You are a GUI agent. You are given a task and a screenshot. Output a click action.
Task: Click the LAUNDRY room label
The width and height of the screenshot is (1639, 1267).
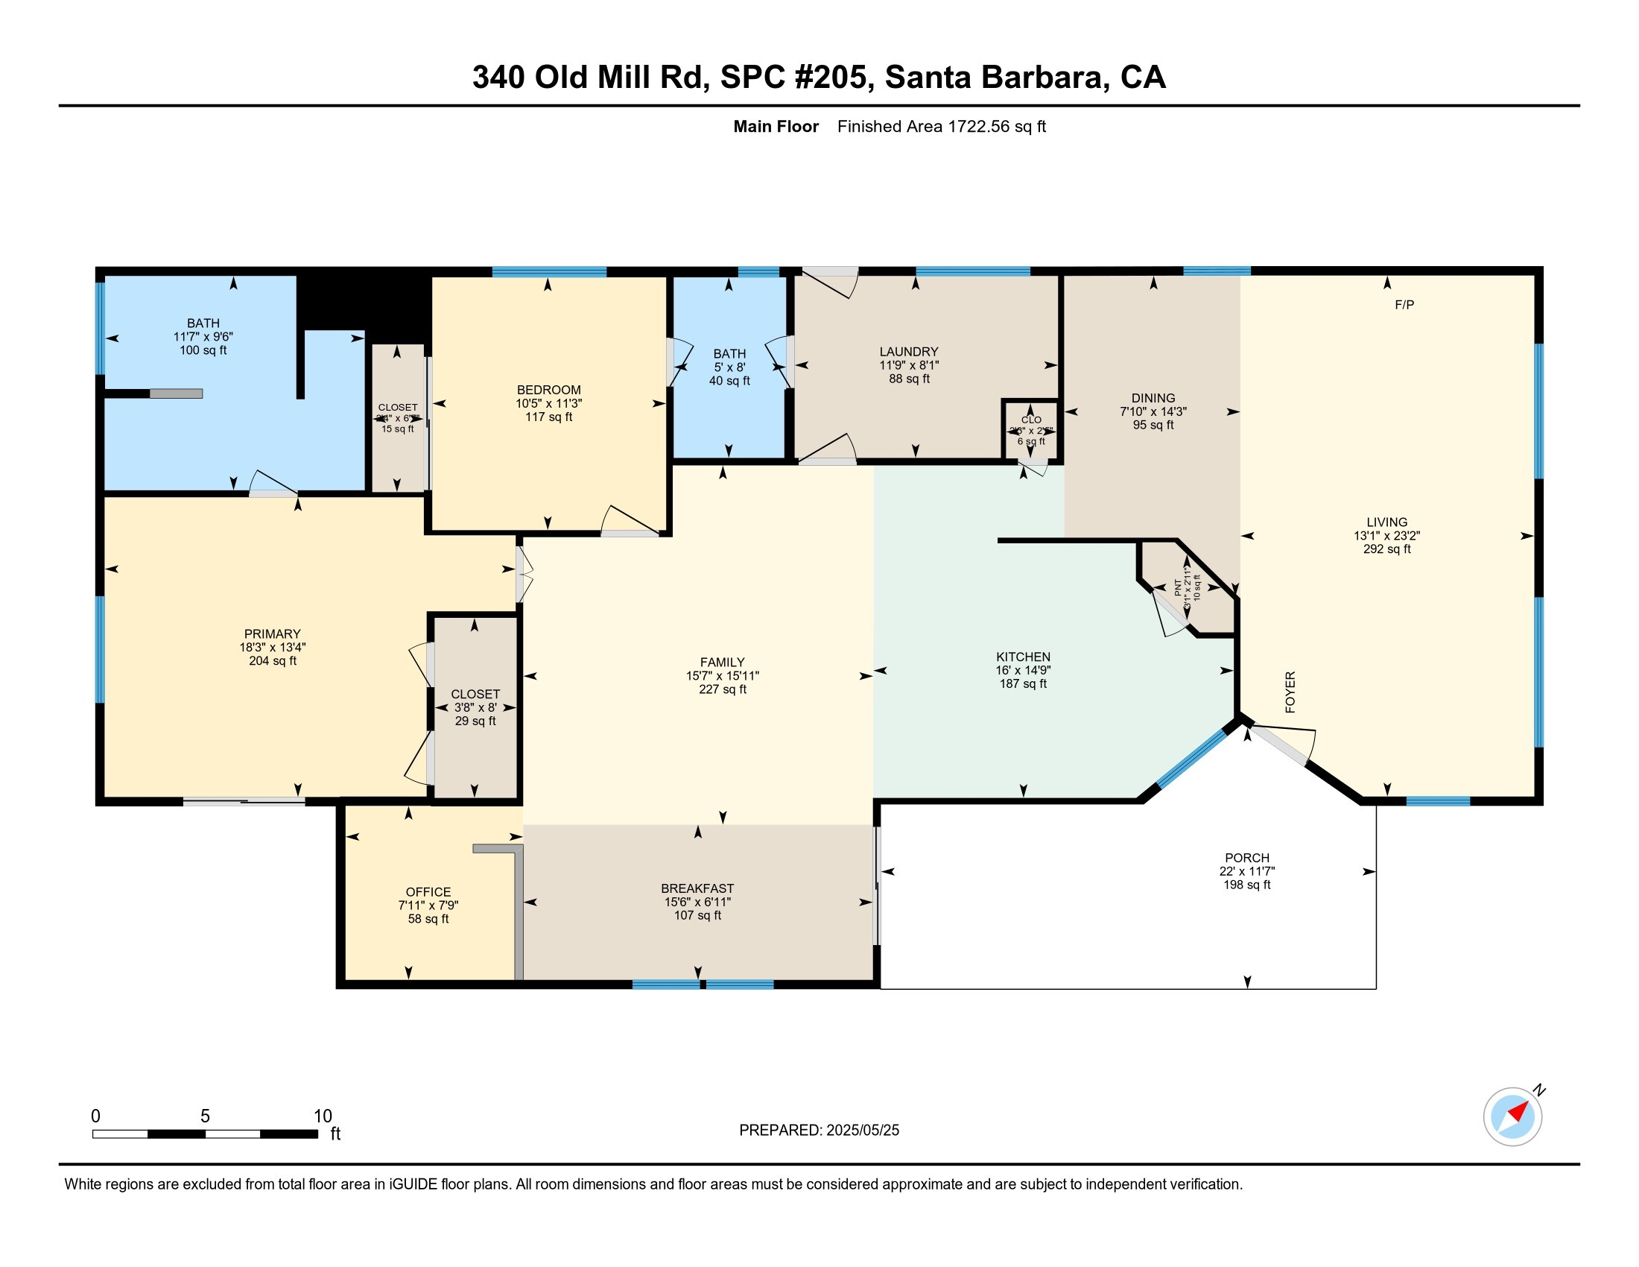point(909,351)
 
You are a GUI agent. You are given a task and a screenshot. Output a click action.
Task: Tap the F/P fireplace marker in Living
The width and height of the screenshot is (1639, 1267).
point(1404,305)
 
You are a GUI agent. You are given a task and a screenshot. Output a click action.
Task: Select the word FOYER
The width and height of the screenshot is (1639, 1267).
point(1290,692)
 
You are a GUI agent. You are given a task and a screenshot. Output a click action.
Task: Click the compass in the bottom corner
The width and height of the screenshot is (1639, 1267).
point(1512,1116)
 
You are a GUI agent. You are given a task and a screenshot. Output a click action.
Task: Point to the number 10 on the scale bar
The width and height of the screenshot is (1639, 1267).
point(323,1116)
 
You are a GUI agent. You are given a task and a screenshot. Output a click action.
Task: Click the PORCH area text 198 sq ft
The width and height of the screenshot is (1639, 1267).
point(1246,885)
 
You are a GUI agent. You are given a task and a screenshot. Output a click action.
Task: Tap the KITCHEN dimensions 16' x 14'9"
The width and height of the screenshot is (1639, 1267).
point(1023,670)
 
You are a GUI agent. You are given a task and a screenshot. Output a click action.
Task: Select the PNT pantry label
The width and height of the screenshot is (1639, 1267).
point(1177,588)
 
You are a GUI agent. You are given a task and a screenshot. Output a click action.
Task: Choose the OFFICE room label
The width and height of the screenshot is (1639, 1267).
point(428,891)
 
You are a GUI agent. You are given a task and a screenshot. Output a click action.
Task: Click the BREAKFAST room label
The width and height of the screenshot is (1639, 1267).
point(697,888)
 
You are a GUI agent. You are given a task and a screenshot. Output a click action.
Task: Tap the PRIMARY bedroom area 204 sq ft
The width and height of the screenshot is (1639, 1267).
point(273,661)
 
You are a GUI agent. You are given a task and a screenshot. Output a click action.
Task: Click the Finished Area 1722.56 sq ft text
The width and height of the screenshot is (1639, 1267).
point(941,126)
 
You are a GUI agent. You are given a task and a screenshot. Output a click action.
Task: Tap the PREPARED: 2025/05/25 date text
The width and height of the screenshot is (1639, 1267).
point(819,1131)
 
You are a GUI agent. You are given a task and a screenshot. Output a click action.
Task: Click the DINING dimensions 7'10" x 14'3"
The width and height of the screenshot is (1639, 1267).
point(1153,411)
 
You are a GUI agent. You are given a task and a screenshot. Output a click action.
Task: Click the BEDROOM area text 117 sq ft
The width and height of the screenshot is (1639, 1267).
point(548,417)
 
